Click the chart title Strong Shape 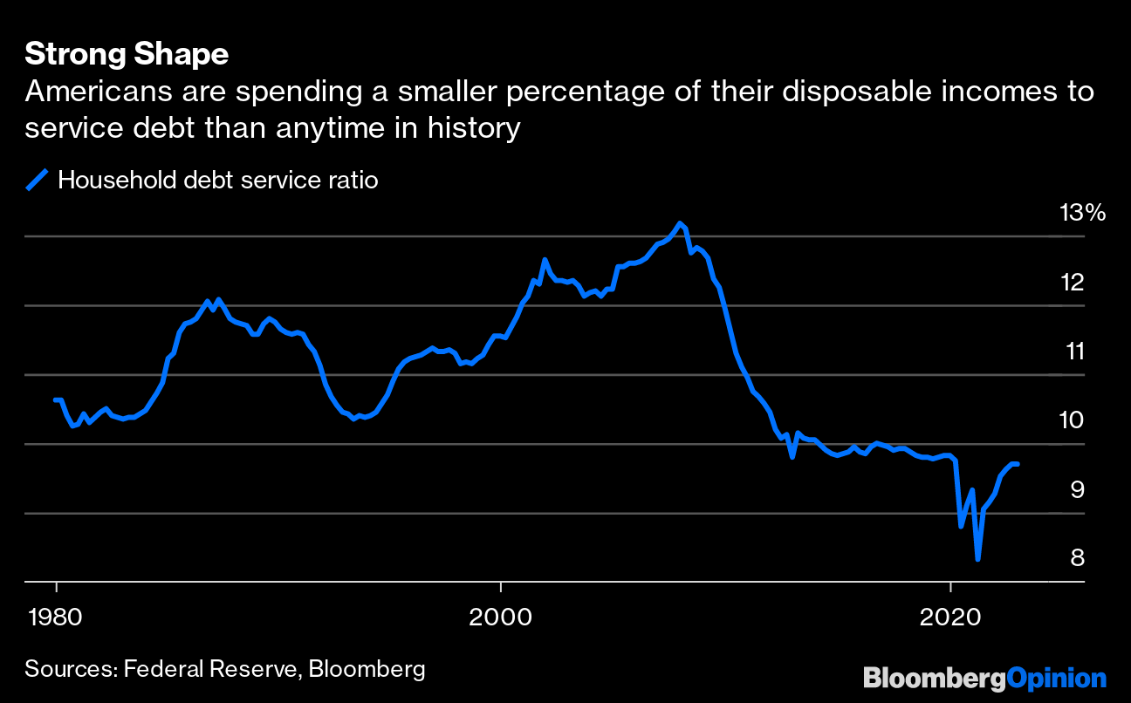click(x=127, y=54)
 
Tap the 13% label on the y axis click(x=1082, y=212)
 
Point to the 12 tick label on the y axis click(x=1073, y=282)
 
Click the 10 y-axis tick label click(x=1072, y=420)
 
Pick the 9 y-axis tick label click(x=1077, y=489)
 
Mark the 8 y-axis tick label click(x=1077, y=557)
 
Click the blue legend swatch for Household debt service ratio click(x=38, y=181)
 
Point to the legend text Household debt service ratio click(x=217, y=181)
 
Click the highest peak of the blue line click(x=680, y=223)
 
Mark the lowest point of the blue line click(x=977, y=559)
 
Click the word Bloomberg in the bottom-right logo click(x=935, y=678)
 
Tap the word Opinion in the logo click(x=1057, y=678)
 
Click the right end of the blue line click(x=1018, y=464)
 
